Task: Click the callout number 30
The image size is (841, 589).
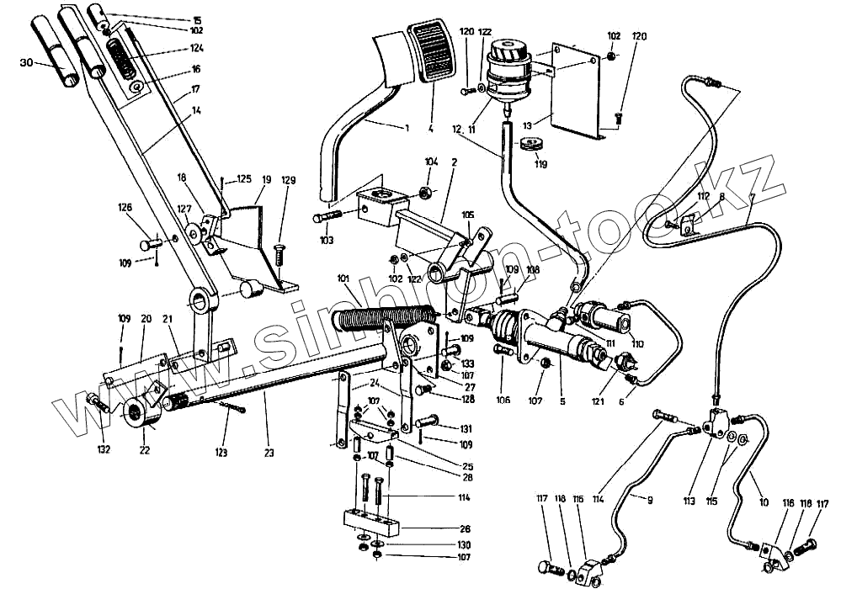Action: pyautogui.click(x=25, y=62)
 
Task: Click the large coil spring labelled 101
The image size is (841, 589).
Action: pyautogui.click(x=383, y=318)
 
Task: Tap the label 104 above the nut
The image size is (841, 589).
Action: pyautogui.click(x=431, y=162)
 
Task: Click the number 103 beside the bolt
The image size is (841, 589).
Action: pyautogui.click(x=327, y=241)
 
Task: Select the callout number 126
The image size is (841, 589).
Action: pyautogui.click(x=125, y=209)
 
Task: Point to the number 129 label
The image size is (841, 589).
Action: pyautogui.click(x=288, y=180)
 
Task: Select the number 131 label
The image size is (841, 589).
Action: pyautogui.click(x=466, y=427)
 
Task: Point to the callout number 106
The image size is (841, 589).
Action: pyautogui.click(x=503, y=401)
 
